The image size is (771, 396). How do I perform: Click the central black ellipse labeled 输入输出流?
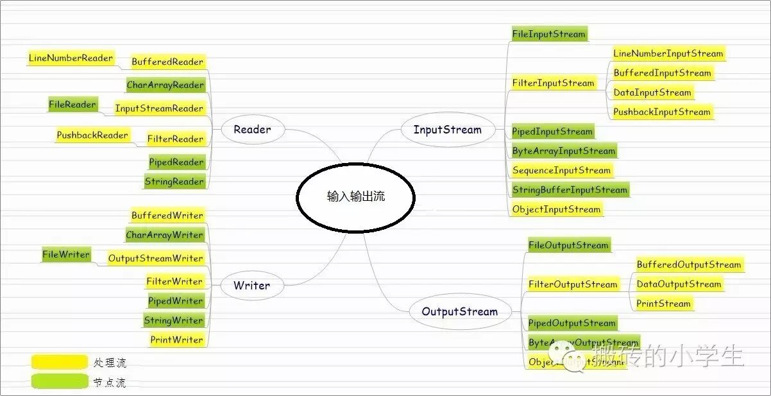[x=355, y=197]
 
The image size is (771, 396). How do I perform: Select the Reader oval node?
[x=252, y=130]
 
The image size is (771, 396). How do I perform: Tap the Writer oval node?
[x=251, y=286]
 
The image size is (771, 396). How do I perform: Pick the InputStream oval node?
[x=447, y=130]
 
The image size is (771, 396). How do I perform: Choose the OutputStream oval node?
[x=459, y=312]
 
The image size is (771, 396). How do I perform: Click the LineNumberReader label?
[x=71, y=58]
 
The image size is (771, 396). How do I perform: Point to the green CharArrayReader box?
[x=165, y=85]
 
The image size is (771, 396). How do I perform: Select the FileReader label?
[x=72, y=105]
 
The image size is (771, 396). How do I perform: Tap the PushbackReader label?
[x=92, y=135]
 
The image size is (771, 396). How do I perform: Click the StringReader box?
[x=174, y=182]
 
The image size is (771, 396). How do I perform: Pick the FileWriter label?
[x=66, y=255]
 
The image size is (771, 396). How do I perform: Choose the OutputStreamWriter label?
[x=155, y=259]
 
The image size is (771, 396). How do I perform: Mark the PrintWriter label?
[x=176, y=340]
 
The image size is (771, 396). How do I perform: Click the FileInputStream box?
[x=548, y=34]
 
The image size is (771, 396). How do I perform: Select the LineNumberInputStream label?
[x=668, y=54]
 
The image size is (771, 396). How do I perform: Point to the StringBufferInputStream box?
[x=570, y=190]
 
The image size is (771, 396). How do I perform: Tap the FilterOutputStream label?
[x=572, y=284]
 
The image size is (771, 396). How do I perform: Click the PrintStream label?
[x=663, y=304]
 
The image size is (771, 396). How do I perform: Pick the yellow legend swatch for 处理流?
[x=59, y=363]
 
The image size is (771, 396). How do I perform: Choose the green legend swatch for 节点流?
[x=59, y=382]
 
